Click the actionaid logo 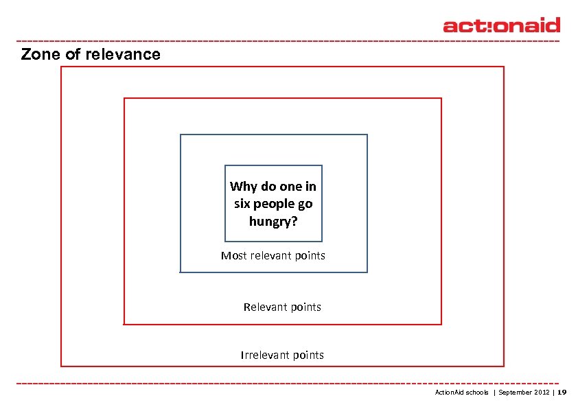501,25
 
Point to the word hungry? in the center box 273,222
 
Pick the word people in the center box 275,204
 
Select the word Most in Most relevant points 233,256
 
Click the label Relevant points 282,307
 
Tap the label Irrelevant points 282,355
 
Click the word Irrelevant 264,355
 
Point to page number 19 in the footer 562,393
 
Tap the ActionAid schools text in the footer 462,393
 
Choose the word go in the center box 306,204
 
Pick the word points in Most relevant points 310,256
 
